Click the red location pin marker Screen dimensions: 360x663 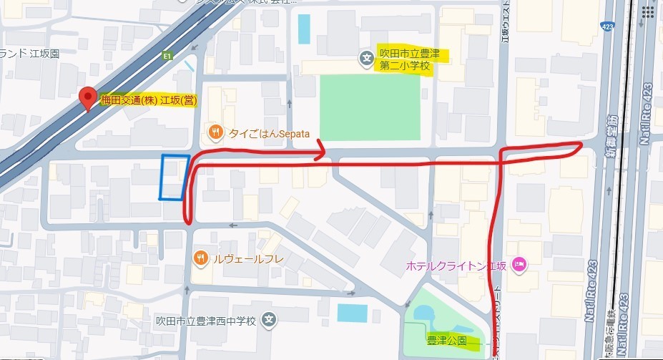point(87,98)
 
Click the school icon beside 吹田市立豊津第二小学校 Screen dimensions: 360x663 point(367,59)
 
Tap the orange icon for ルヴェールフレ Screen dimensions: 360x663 point(200,258)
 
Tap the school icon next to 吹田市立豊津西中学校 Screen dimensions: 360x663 point(268,319)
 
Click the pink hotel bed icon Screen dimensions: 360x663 point(519,265)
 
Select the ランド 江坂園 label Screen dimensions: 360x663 point(30,53)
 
